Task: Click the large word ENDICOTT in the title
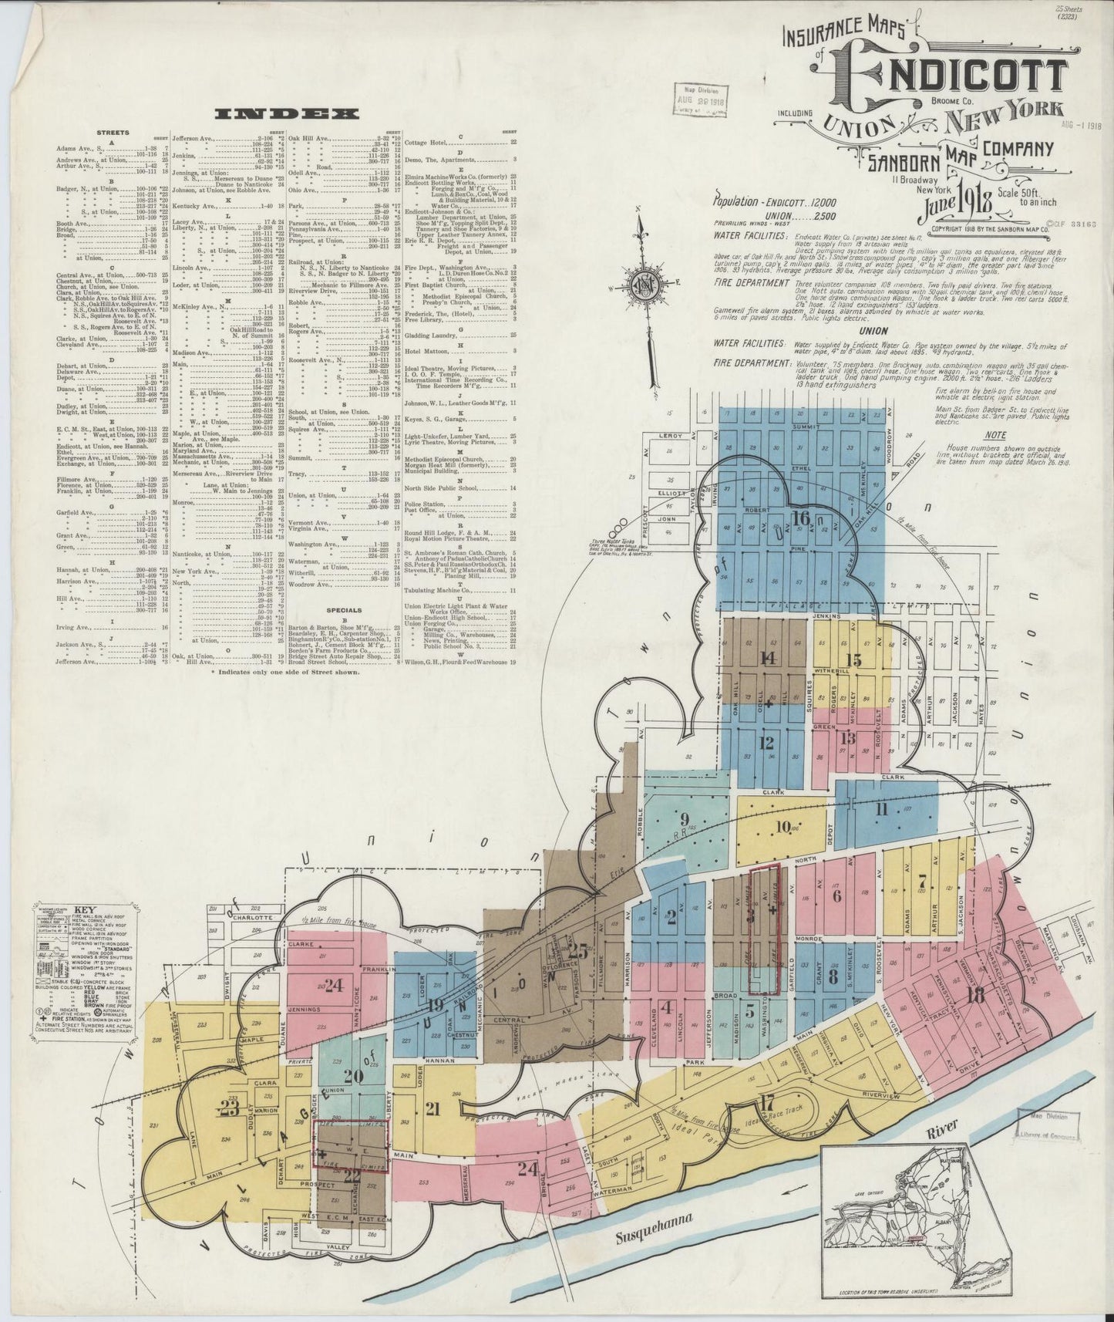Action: (956, 75)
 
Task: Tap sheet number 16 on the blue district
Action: (802, 518)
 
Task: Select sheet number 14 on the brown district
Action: (767, 657)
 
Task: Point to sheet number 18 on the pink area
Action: (975, 995)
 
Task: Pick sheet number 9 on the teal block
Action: (684, 818)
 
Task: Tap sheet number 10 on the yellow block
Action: (784, 827)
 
